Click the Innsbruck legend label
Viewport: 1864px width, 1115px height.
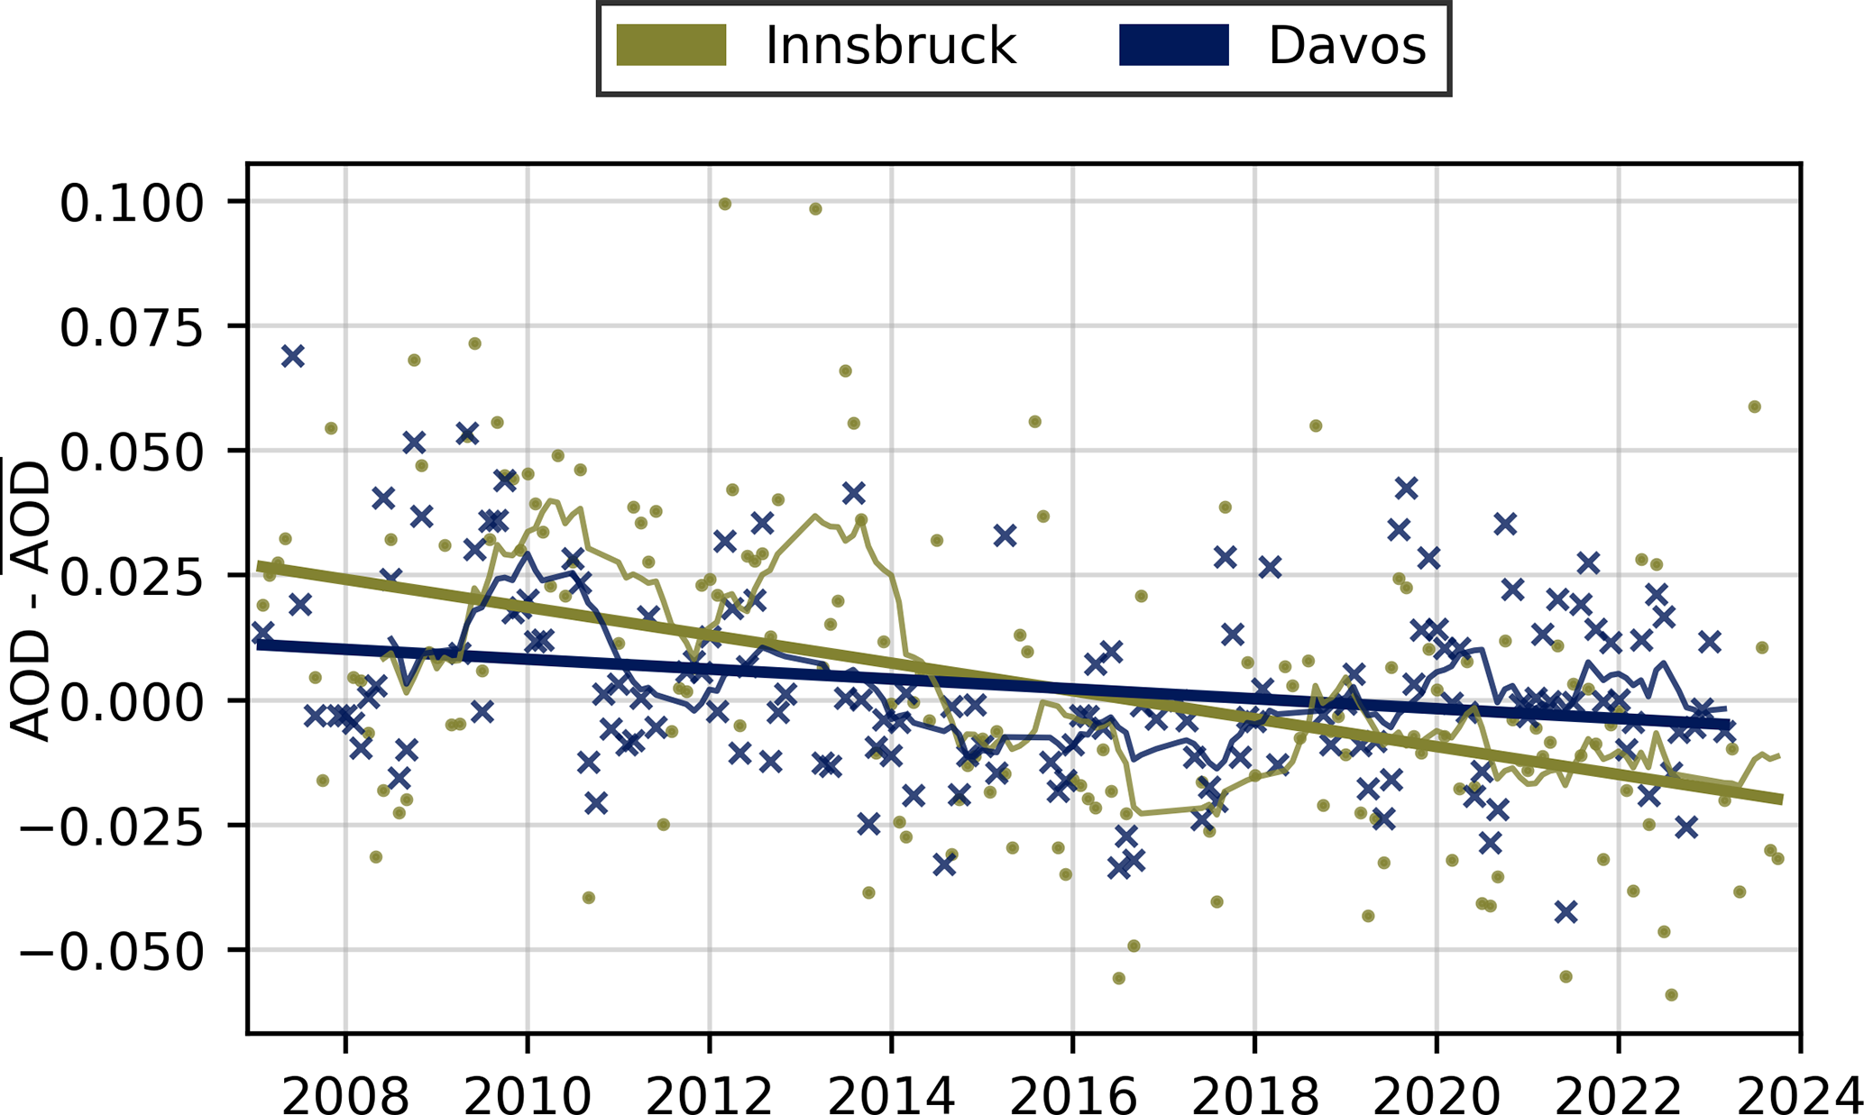pyautogui.click(x=890, y=45)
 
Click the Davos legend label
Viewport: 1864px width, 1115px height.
pyautogui.click(x=1346, y=45)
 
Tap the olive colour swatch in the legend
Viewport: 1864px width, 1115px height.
pyautogui.click(x=671, y=45)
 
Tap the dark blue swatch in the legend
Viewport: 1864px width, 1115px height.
pyautogui.click(x=1173, y=45)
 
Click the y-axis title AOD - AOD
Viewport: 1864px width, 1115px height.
pyautogui.click(x=32, y=599)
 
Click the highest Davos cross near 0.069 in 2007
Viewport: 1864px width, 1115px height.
pyautogui.click(x=292, y=356)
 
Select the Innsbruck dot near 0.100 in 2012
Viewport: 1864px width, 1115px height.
pyautogui.click(x=724, y=205)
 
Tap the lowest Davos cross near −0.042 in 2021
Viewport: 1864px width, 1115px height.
pyautogui.click(x=1566, y=911)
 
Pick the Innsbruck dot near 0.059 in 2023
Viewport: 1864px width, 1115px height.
pyautogui.click(x=1754, y=407)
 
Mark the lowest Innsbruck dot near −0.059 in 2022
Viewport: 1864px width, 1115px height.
pyautogui.click(x=1671, y=994)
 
